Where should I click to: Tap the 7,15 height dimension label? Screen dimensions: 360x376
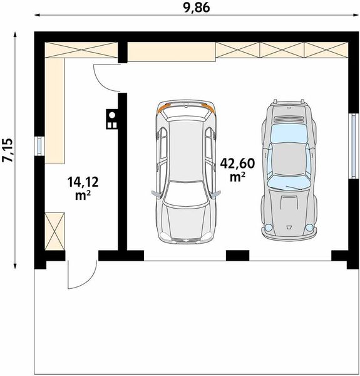[x=7, y=150]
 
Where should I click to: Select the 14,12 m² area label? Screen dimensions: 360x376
[x=83, y=189]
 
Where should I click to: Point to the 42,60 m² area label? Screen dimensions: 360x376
[x=237, y=170]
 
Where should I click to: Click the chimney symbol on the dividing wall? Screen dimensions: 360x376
[x=112, y=119]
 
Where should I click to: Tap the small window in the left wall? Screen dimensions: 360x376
[x=39, y=146]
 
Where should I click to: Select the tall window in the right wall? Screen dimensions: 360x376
[x=354, y=146]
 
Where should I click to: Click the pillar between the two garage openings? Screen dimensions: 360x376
[x=238, y=256]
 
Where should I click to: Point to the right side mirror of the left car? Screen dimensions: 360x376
[x=216, y=194]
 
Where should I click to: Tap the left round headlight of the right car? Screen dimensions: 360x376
[x=268, y=227]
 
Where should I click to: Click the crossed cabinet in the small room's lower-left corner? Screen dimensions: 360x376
[x=54, y=231]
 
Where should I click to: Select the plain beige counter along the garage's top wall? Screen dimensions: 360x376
[x=172, y=52]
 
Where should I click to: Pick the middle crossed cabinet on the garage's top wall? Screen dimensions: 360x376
[x=282, y=50]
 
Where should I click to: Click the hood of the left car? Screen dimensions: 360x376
[x=185, y=222]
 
